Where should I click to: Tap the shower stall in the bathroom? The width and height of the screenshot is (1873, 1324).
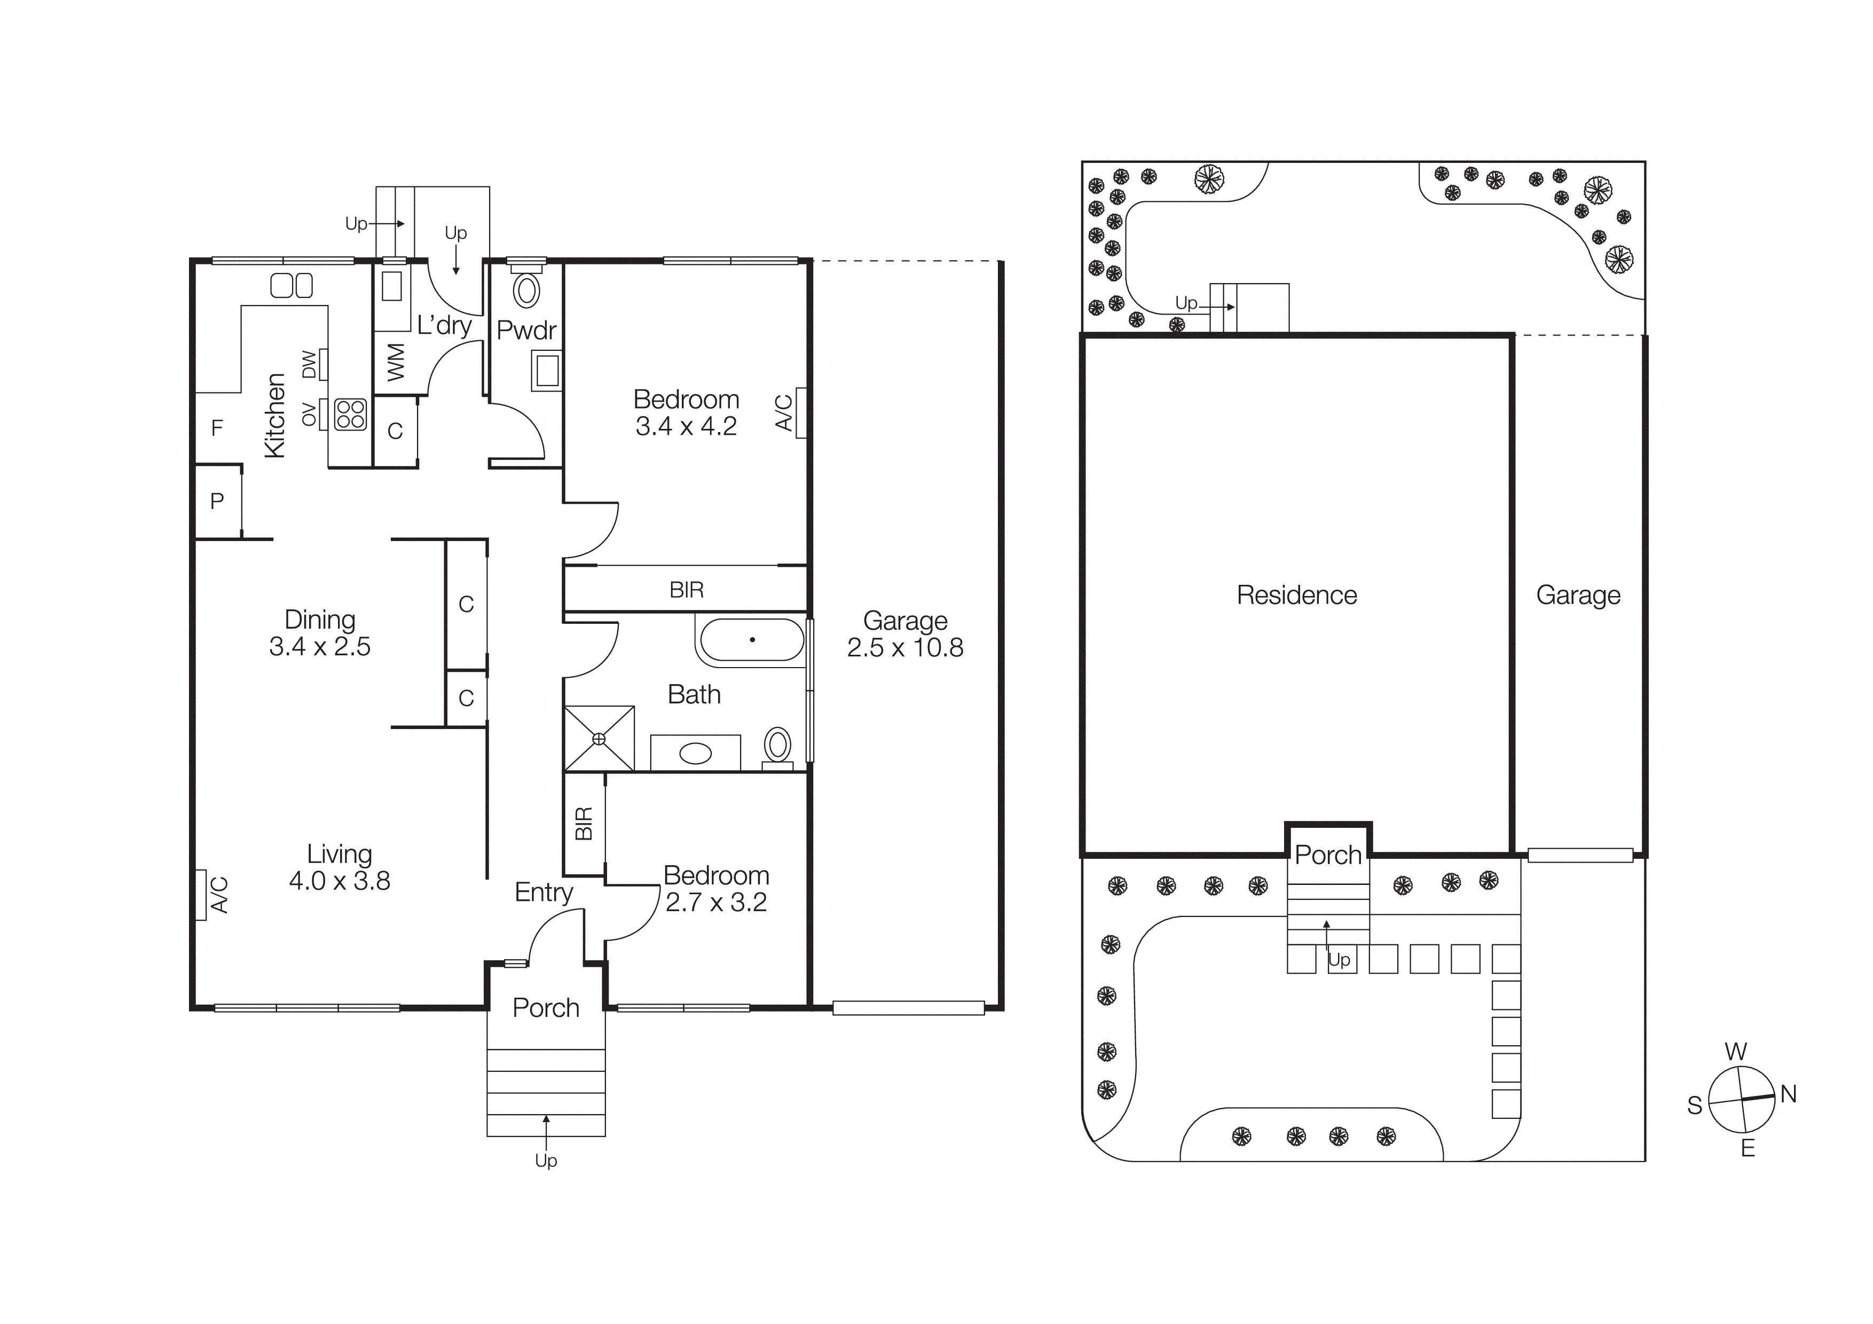pos(599,738)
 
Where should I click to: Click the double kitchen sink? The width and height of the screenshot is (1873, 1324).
pos(291,286)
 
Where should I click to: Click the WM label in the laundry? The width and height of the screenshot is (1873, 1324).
pos(396,362)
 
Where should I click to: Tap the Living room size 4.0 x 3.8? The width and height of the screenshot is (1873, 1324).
pos(340,881)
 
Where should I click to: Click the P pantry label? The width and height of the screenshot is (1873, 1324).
pos(217,501)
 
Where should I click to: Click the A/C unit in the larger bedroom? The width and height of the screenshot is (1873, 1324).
pos(800,413)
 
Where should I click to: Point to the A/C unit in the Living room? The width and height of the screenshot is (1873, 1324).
pos(201,895)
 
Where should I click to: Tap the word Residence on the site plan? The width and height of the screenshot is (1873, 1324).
pos(1296,596)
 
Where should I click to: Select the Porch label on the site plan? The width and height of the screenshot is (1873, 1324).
pos(1328,855)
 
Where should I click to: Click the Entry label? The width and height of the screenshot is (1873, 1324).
pos(544,892)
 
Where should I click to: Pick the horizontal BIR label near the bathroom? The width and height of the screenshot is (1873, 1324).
pos(686,590)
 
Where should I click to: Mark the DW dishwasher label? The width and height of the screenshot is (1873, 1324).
pos(309,365)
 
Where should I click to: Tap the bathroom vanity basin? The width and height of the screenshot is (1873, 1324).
pos(695,754)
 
